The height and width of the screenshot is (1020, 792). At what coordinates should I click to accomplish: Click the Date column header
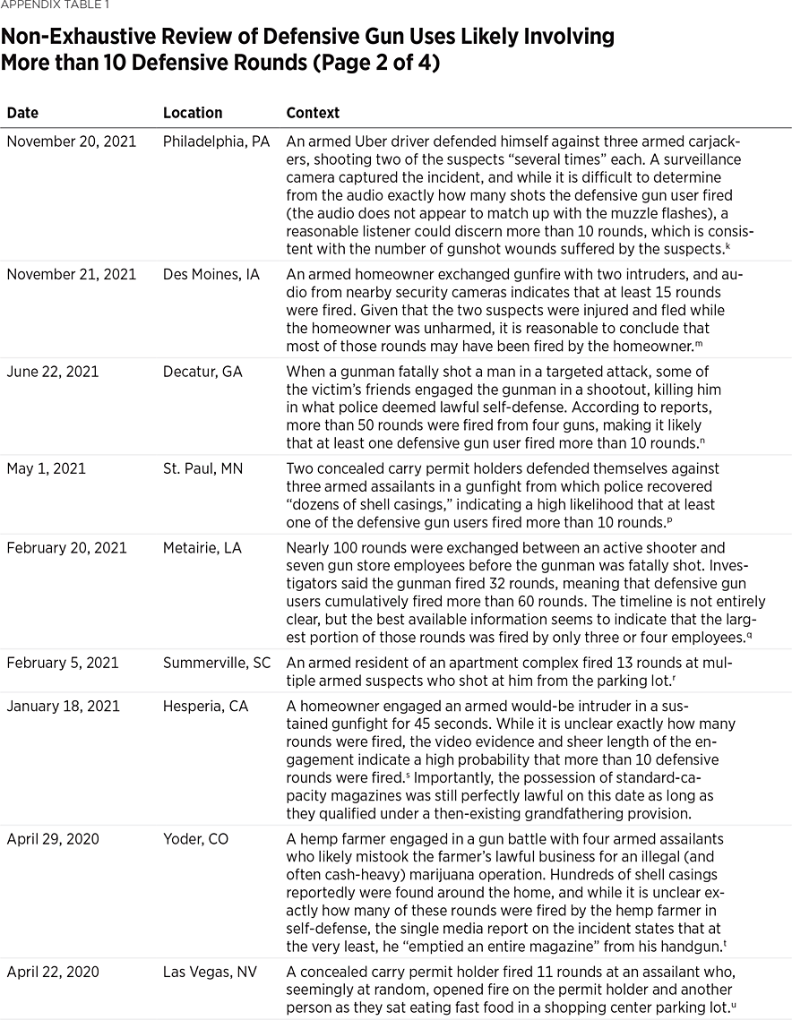22,114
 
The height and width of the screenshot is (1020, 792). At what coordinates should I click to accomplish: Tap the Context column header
313,114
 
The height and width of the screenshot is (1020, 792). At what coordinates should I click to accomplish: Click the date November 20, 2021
71,141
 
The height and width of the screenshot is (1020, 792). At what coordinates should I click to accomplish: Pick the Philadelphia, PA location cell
216,141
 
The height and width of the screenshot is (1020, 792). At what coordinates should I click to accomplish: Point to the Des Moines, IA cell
211,274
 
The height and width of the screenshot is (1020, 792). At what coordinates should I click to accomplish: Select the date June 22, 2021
52,372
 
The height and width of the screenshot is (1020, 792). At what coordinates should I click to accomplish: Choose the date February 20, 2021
67,547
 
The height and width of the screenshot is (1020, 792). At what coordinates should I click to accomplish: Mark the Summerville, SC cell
217,663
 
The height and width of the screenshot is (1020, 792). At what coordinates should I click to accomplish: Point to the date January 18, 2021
63,706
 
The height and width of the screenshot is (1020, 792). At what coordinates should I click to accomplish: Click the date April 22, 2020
53,972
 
